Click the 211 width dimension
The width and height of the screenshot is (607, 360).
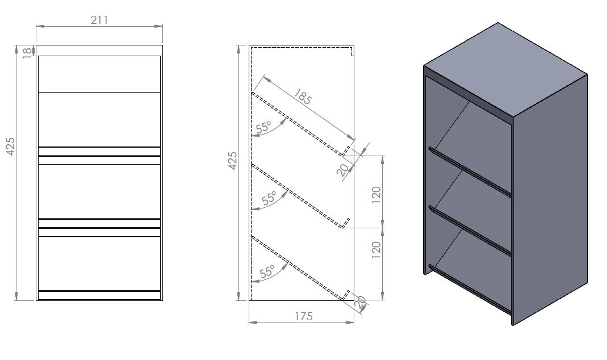click(x=99, y=20)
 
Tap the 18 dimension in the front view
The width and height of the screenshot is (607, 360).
click(x=27, y=52)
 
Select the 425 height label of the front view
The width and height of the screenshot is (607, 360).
click(x=10, y=146)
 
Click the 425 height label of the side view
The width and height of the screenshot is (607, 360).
click(x=232, y=160)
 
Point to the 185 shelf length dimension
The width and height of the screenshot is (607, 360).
click(x=303, y=97)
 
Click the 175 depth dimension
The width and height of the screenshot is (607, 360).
click(x=303, y=316)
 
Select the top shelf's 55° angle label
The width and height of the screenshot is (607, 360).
click(x=264, y=127)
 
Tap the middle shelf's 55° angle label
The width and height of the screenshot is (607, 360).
click(x=270, y=198)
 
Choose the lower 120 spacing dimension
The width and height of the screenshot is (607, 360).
click(x=376, y=250)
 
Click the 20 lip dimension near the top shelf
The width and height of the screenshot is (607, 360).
click(x=342, y=170)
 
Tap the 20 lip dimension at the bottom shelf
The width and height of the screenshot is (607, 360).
click(x=361, y=302)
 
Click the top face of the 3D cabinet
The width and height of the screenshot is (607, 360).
click(x=505, y=70)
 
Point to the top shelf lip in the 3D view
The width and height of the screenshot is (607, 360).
click(x=470, y=171)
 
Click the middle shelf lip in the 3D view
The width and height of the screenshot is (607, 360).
click(x=470, y=231)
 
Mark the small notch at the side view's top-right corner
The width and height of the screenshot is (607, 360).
click(x=352, y=52)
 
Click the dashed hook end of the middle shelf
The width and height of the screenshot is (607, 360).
click(x=345, y=223)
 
